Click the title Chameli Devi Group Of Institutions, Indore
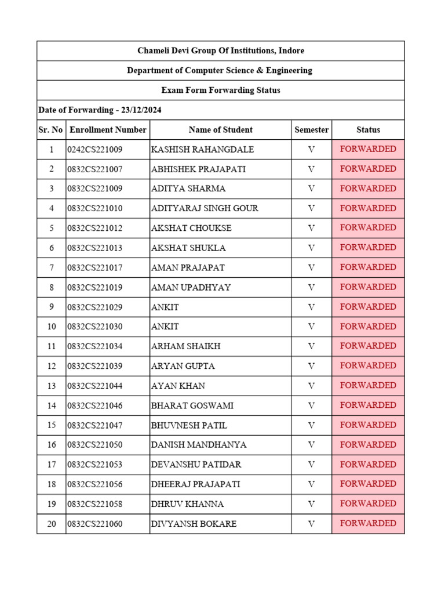[x=220, y=50]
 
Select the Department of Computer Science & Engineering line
[x=220, y=70]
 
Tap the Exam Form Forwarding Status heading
[x=220, y=90]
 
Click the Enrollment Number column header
[x=108, y=130]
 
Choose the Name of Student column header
[x=220, y=130]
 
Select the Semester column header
[x=311, y=130]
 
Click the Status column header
[x=368, y=130]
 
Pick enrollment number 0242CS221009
[x=95, y=150]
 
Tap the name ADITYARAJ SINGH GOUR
[x=205, y=208]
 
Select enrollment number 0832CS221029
[x=95, y=307]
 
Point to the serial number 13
[x=52, y=386]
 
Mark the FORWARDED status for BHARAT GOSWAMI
[x=368, y=405]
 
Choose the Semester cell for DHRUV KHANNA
[x=311, y=504]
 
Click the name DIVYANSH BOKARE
[x=194, y=524]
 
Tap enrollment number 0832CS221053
[x=95, y=465]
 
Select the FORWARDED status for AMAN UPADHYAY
[x=368, y=287]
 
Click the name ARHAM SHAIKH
[x=185, y=346]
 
